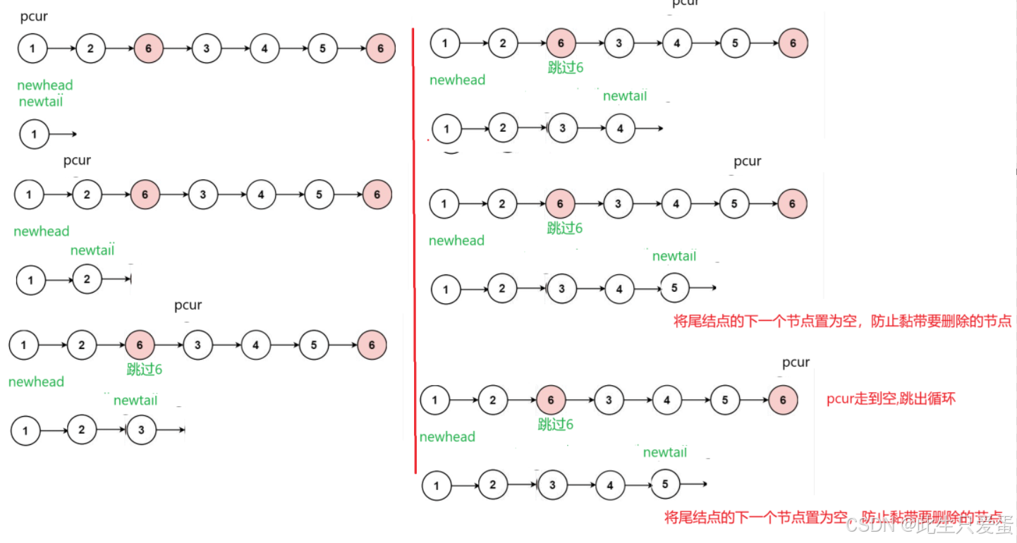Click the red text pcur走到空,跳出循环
891,399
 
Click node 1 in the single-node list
35,134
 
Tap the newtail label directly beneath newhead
40,102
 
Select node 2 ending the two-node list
87,279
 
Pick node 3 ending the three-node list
142,430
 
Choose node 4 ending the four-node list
620,128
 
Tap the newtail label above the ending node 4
624,96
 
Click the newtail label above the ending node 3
135,401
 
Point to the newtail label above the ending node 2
92,250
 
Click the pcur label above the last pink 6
796,362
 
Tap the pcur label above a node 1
34,16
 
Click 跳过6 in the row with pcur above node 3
145,369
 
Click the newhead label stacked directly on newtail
44,85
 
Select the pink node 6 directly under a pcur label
783,401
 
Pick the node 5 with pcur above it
735,204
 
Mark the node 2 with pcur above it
87,195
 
